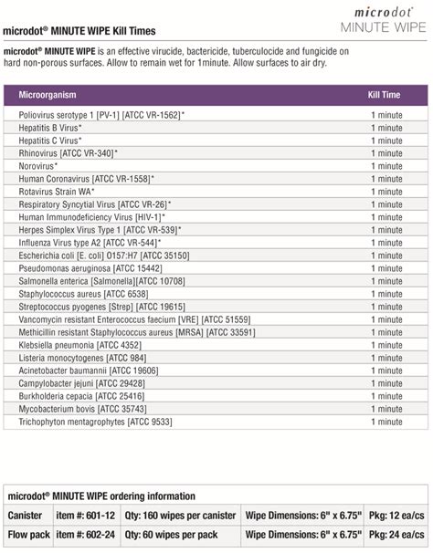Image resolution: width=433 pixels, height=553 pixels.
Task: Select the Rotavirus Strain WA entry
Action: click(64, 193)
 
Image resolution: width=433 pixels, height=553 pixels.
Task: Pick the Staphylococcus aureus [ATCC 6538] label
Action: click(83, 295)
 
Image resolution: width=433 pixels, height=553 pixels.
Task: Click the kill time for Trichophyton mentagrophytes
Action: click(386, 423)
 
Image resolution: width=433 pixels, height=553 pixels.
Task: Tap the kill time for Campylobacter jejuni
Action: click(386, 384)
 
